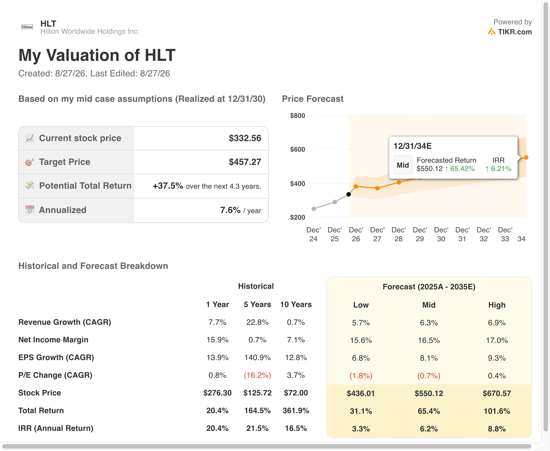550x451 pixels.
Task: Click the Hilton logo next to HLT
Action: [x=27, y=27]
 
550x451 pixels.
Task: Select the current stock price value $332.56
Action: [x=245, y=138]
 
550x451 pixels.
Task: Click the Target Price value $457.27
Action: [x=245, y=162]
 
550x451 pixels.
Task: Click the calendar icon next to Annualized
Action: [x=30, y=210]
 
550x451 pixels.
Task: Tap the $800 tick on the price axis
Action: [x=298, y=116]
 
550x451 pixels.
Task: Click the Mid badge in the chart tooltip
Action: [x=403, y=165]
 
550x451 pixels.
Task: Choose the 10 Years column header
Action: [x=296, y=305]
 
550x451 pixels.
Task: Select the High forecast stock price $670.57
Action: [x=497, y=393]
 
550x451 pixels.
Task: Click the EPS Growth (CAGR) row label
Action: [x=56, y=358]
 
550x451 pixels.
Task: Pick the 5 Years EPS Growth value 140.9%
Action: [x=257, y=358]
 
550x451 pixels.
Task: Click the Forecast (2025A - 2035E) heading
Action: [x=429, y=287]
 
